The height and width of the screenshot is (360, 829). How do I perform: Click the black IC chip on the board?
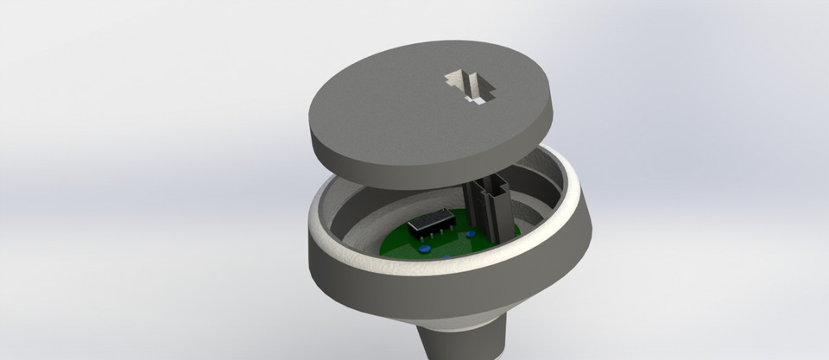pyautogui.click(x=429, y=222)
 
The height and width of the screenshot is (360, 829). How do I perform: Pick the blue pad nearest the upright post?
pyautogui.click(x=471, y=233)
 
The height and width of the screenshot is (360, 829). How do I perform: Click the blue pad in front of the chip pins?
pyautogui.click(x=427, y=249)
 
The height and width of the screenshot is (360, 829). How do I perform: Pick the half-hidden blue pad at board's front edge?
pyautogui.click(x=443, y=257)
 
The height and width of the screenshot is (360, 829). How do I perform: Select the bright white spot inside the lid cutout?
pyautogui.click(x=478, y=102)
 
